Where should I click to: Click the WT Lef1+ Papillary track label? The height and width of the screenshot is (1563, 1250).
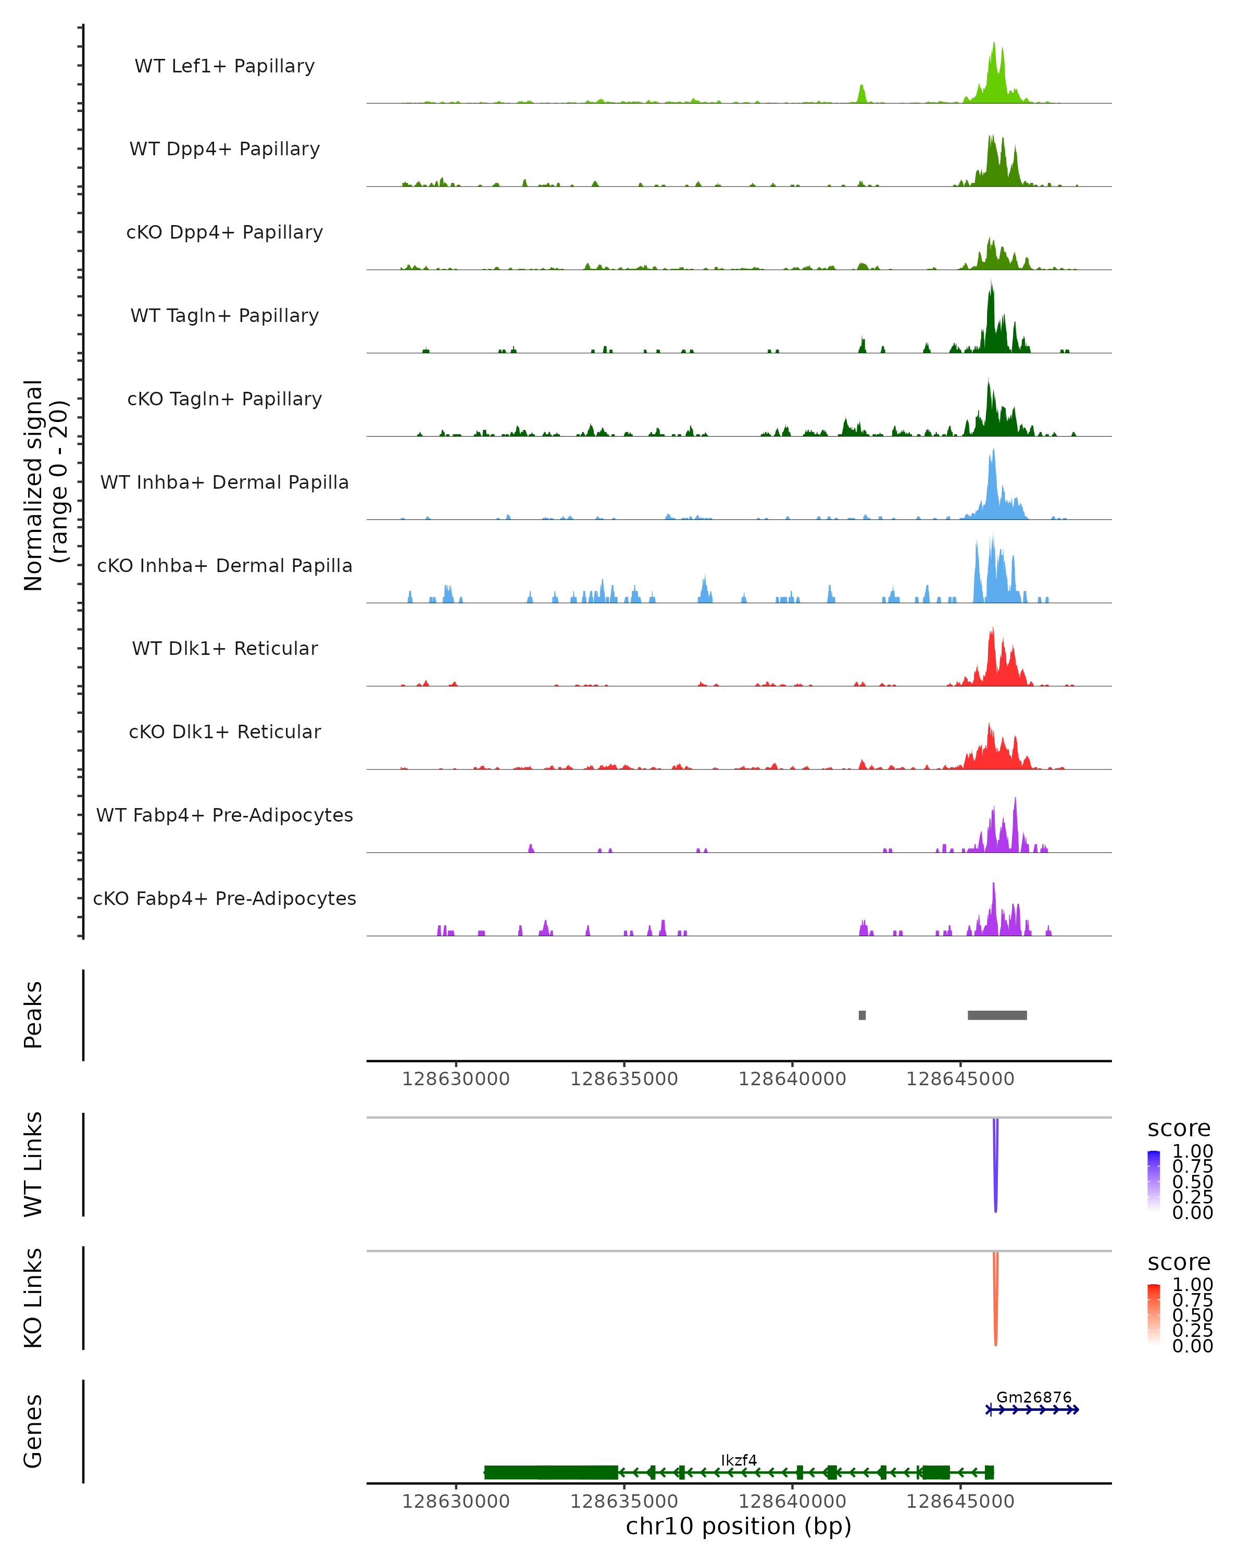[x=224, y=66]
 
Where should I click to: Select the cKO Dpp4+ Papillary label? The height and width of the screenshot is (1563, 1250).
[x=224, y=232]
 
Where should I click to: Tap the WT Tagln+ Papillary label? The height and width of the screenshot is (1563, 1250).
[x=224, y=315]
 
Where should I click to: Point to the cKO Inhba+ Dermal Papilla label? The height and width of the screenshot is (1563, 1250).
[x=224, y=565]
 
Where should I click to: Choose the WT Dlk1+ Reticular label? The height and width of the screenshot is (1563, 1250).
[x=224, y=648]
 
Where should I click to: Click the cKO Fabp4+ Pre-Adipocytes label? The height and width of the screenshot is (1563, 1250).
[x=224, y=898]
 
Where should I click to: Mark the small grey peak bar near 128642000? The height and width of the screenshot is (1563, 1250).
[x=861, y=1015]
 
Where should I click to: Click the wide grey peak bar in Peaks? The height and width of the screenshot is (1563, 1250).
[x=997, y=1015]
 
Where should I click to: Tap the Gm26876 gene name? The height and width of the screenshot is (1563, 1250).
[x=1033, y=1397]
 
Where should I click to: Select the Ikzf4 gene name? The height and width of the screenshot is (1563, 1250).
[x=739, y=1460]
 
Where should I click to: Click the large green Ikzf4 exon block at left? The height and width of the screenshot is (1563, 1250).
[x=551, y=1472]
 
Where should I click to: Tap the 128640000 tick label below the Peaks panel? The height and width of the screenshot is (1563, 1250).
[x=792, y=1079]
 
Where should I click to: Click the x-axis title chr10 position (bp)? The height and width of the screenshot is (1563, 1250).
[x=739, y=1526]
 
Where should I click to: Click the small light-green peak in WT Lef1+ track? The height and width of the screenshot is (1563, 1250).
[x=861, y=94]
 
